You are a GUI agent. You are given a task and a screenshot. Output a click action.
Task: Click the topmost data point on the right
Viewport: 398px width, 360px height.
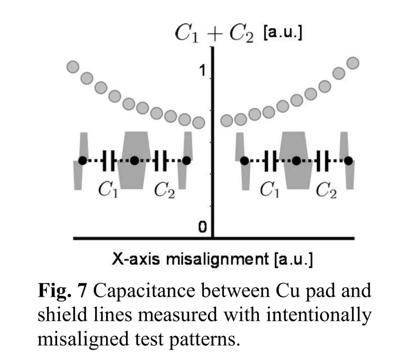click(x=353, y=63)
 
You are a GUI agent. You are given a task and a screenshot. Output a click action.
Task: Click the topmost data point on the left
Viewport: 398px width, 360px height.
click(x=73, y=67)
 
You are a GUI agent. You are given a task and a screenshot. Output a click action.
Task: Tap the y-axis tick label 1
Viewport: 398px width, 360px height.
click(x=202, y=70)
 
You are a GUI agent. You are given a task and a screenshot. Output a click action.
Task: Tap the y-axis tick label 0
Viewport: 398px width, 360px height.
click(x=202, y=227)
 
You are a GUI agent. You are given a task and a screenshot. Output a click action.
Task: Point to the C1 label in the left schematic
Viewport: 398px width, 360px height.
click(x=108, y=190)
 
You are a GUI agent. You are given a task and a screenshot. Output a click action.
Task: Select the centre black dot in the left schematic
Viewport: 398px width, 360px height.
click(x=135, y=160)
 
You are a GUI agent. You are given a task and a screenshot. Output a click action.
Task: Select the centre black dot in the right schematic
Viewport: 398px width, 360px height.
click(x=296, y=160)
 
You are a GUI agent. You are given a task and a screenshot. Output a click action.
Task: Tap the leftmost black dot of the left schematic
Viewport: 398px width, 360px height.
click(x=83, y=160)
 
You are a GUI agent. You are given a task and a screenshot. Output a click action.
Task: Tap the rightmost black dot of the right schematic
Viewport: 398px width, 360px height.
click(x=348, y=160)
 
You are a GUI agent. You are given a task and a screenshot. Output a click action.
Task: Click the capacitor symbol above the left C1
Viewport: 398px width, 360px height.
click(x=109, y=160)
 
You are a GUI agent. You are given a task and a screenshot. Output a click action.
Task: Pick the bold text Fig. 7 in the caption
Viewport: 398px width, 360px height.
click(x=62, y=291)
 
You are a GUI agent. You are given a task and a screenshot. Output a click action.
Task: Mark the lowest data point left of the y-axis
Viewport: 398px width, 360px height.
click(x=198, y=122)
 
